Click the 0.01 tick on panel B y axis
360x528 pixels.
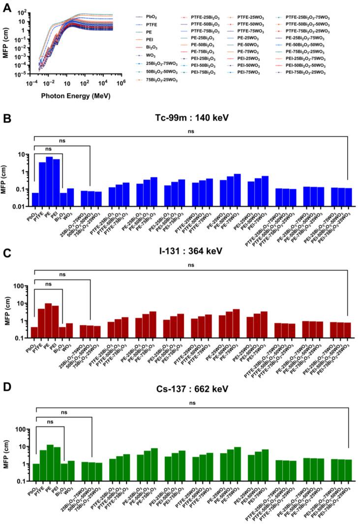tap(21, 207)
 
